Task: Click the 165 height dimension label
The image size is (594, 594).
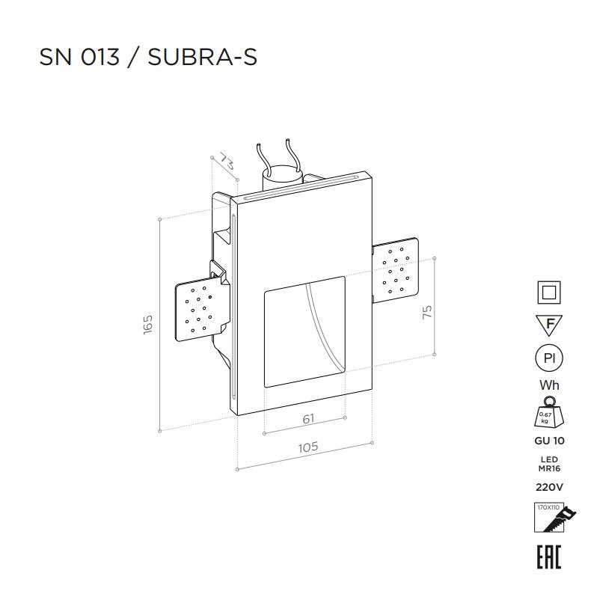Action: [147, 324]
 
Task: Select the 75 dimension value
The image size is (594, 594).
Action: [427, 312]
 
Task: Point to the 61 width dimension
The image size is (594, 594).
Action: [309, 419]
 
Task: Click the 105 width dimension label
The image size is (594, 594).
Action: [308, 447]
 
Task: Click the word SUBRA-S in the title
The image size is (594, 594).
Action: [203, 58]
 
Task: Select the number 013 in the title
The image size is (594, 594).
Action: [99, 58]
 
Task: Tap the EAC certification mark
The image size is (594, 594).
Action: [548, 557]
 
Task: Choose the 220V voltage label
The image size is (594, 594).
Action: [549, 487]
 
